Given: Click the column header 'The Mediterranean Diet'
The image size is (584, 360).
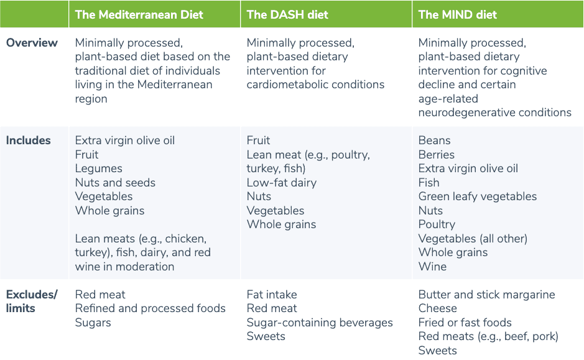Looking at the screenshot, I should tap(139, 15).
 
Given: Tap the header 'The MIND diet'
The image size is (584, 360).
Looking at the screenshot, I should tap(457, 15).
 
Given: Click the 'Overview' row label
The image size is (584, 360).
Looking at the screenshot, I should tap(32, 43).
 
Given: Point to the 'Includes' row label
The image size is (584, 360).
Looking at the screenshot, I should tap(29, 141).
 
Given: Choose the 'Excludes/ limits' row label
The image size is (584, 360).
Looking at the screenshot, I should tap(32, 301).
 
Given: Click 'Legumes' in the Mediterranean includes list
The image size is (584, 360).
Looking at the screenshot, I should tap(98, 168).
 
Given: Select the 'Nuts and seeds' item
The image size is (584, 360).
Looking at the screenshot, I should tap(115, 183).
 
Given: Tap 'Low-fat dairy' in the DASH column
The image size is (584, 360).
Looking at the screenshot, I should tap(281, 183).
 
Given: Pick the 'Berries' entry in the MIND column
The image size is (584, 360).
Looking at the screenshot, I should tap(436, 155).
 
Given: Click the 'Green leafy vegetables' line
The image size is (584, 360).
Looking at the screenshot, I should tap(477, 196).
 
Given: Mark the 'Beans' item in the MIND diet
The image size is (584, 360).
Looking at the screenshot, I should tap(434, 141).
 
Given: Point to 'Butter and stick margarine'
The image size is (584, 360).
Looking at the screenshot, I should tap(486, 295).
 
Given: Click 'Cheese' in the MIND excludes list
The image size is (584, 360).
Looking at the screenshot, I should tap(437, 308).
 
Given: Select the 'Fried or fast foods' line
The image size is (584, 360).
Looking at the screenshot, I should tap(465, 323).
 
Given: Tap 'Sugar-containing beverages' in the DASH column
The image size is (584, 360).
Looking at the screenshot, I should tap(320, 323).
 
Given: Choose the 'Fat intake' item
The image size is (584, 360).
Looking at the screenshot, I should tap(272, 295).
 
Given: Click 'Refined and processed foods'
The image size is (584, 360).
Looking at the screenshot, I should tap(150, 308).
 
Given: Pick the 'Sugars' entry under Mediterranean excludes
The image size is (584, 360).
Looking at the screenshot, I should tap(93, 323).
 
